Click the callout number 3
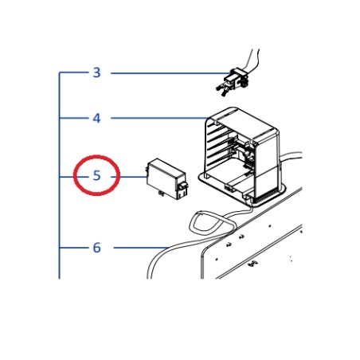[x=96, y=73]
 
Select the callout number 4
[x=96, y=119]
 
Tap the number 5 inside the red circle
[x=96, y=175]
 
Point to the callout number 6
[x=96, y=248]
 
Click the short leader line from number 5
[x=131, y=175]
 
